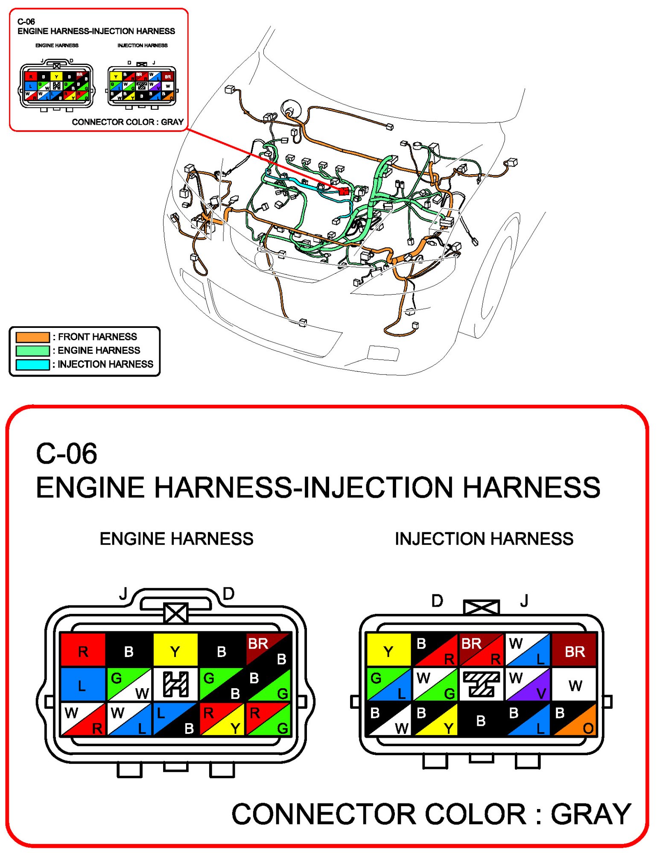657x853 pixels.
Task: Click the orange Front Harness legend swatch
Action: pos(32,337)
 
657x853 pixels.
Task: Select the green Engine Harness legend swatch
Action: pos(32,351)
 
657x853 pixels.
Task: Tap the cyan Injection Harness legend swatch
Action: pos(32,365)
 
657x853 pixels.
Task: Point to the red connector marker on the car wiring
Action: pos(344,191)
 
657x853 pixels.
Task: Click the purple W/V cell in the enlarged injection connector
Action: pos(528,684)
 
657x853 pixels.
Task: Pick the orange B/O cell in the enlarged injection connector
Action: pos(574,720)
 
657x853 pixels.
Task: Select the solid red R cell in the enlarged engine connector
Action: pos(83,650)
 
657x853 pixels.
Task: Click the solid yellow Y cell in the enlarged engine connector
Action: pos(175,650)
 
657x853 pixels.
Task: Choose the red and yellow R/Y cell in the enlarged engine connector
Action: pos(222,720)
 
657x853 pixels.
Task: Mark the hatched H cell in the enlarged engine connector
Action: pos(175,684)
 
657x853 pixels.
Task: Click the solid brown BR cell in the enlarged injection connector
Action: pos(574,650)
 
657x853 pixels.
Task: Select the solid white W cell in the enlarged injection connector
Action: pos(574,684)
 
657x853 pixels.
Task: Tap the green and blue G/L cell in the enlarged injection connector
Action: pos(388,684)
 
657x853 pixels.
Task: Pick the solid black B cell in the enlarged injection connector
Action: pos(481,720)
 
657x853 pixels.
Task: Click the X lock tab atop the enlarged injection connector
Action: pos(481,607)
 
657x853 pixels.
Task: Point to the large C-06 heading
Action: pos(67,453)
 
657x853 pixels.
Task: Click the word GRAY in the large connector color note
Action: pos(590,814)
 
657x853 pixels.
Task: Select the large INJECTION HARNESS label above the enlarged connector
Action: pos(484,539)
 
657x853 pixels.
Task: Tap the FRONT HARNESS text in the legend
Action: pos(97,337)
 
